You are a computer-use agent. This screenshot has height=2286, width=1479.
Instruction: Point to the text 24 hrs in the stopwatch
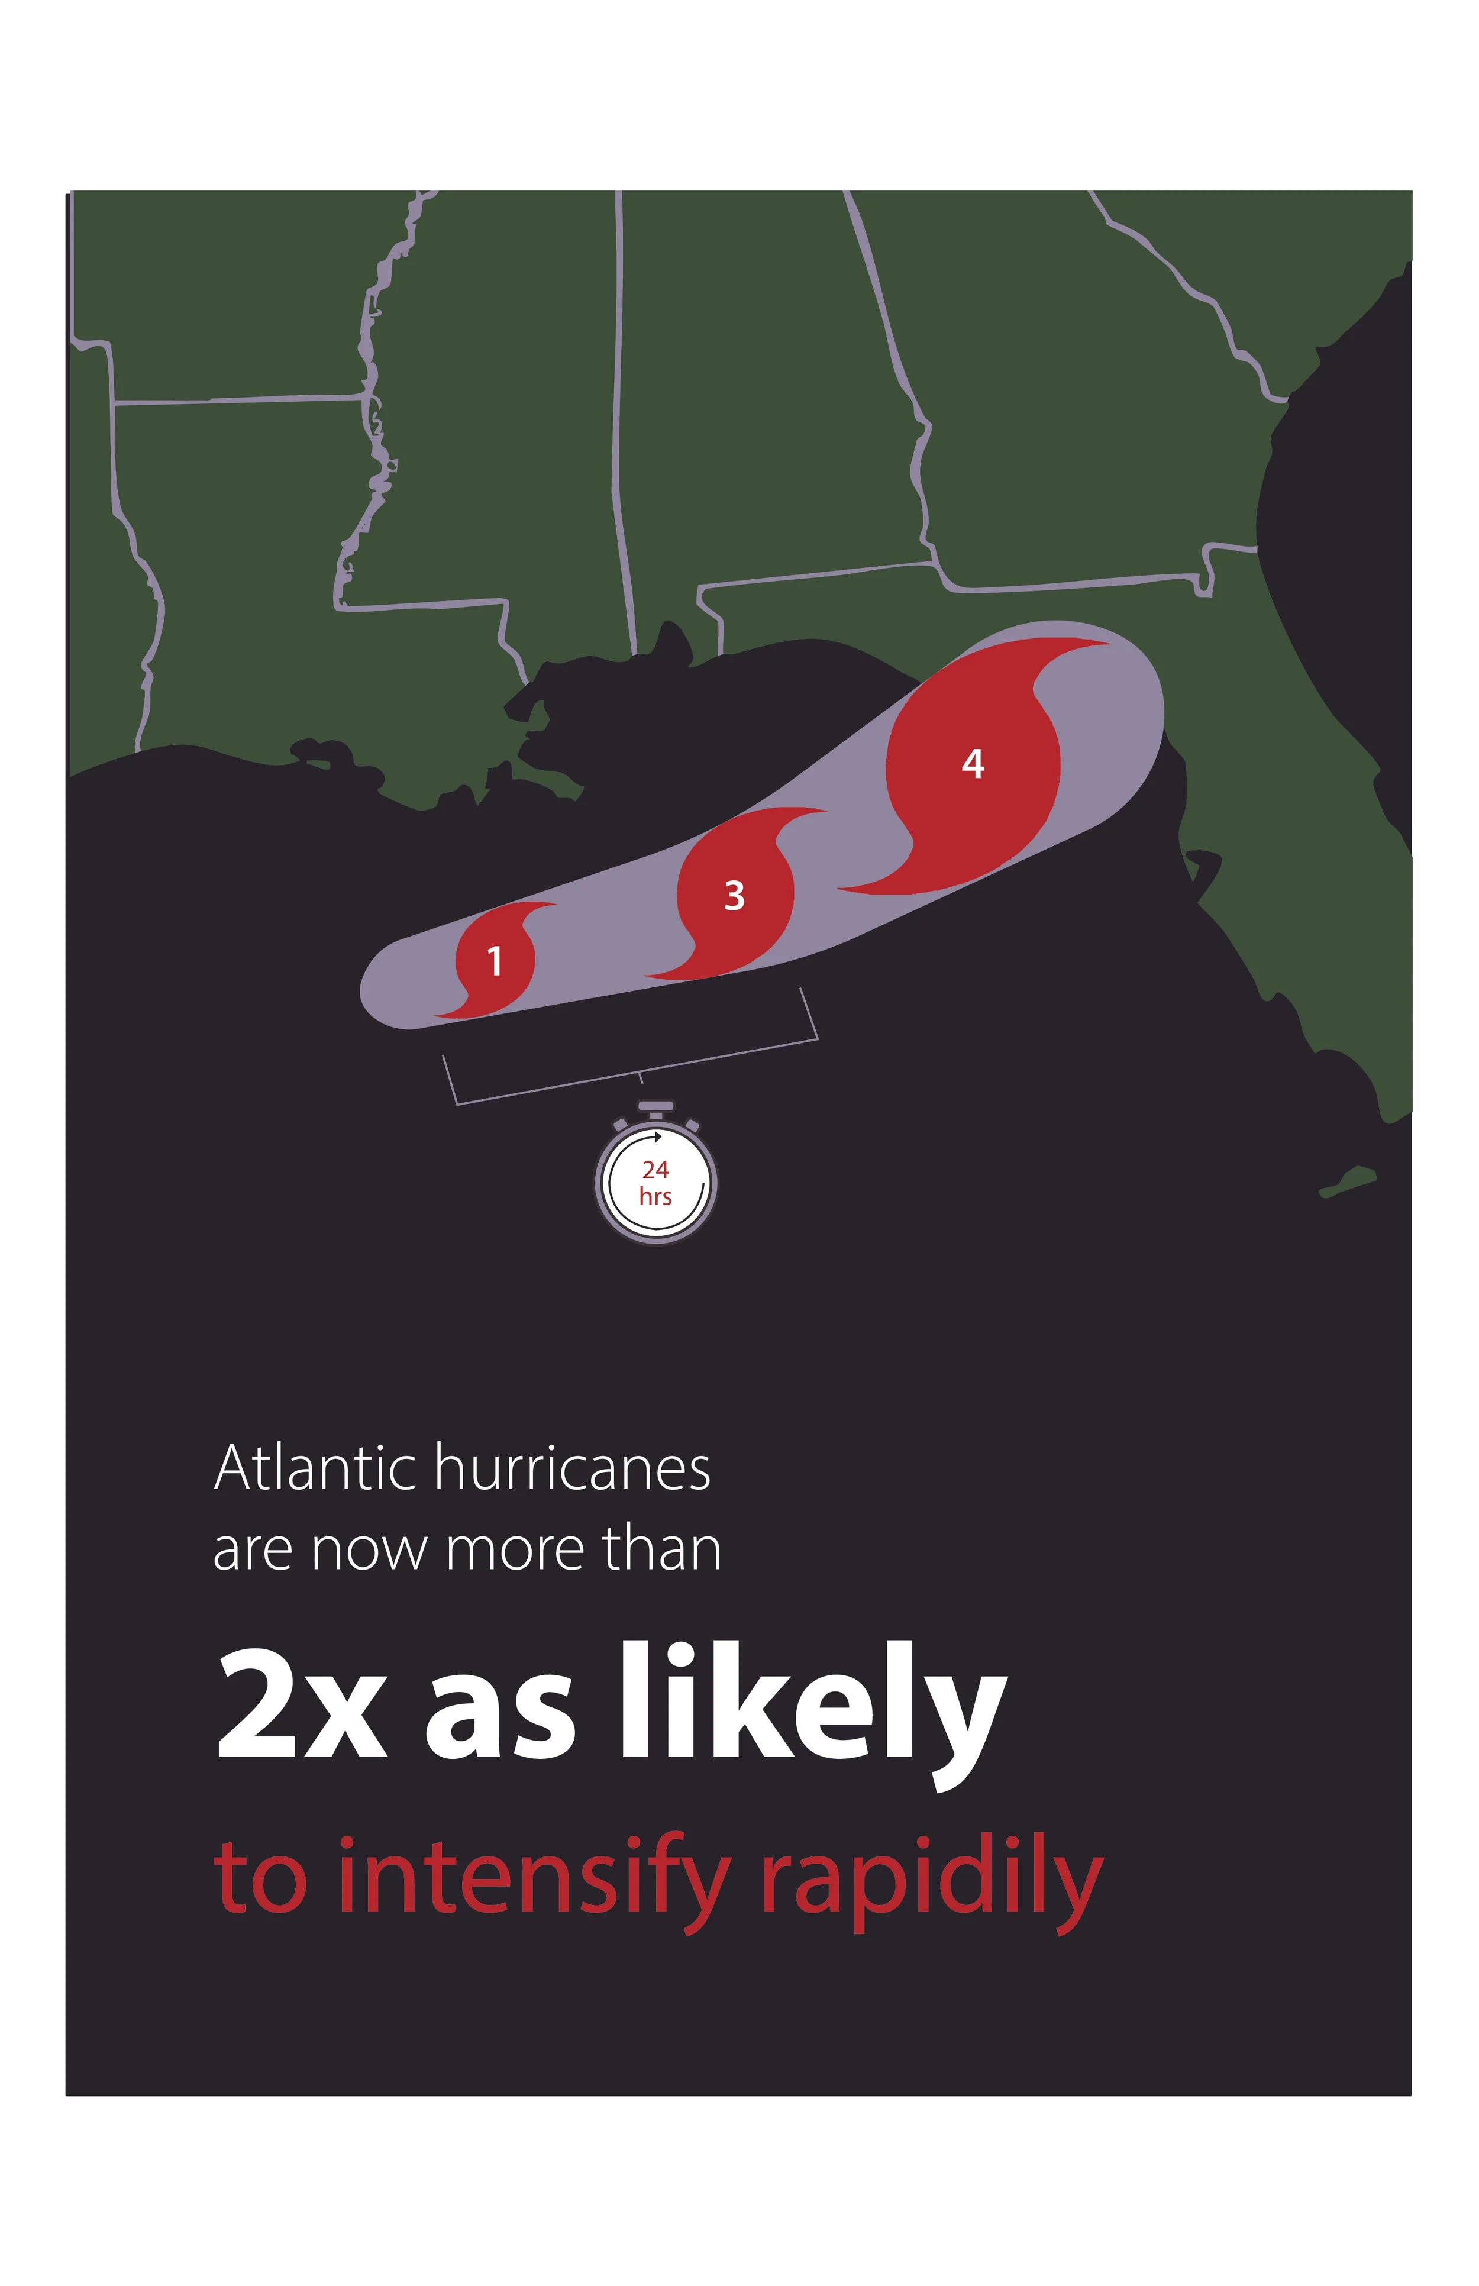coord(656,1183)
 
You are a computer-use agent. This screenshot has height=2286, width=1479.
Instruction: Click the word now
coord(369,1553)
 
